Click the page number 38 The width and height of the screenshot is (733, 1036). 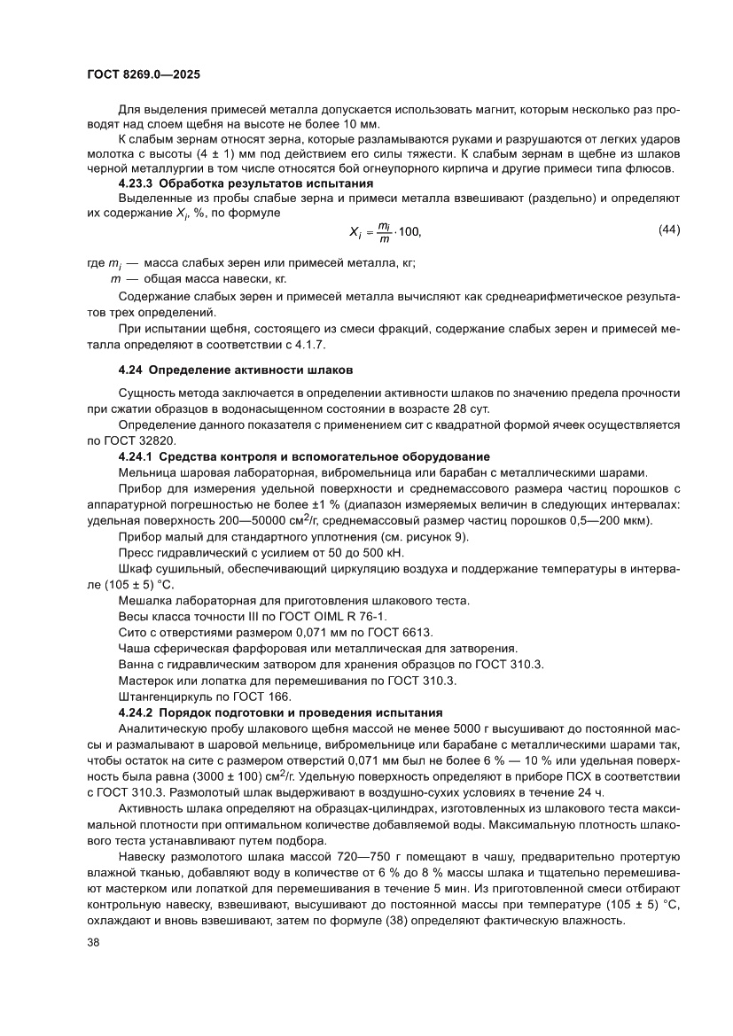(93, 942)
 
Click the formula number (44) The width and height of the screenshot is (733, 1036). (669, 230)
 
